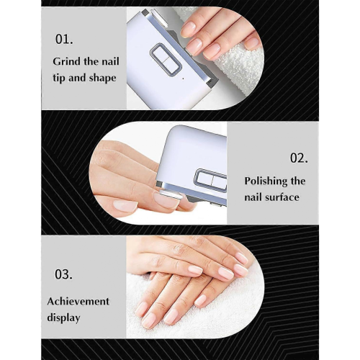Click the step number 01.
[64, 39]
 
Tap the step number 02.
[299, 158]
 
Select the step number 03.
[63, 274]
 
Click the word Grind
[66, 62]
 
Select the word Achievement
[78, 301]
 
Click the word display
[63, 318]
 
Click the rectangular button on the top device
[166, 58]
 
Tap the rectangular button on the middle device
[211, 180]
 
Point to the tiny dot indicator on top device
[184, 78]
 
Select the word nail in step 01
[110, 62]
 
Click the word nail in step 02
[253, 197]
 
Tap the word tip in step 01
[59, 78]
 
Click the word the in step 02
[298, 181]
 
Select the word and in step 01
[78, 78]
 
